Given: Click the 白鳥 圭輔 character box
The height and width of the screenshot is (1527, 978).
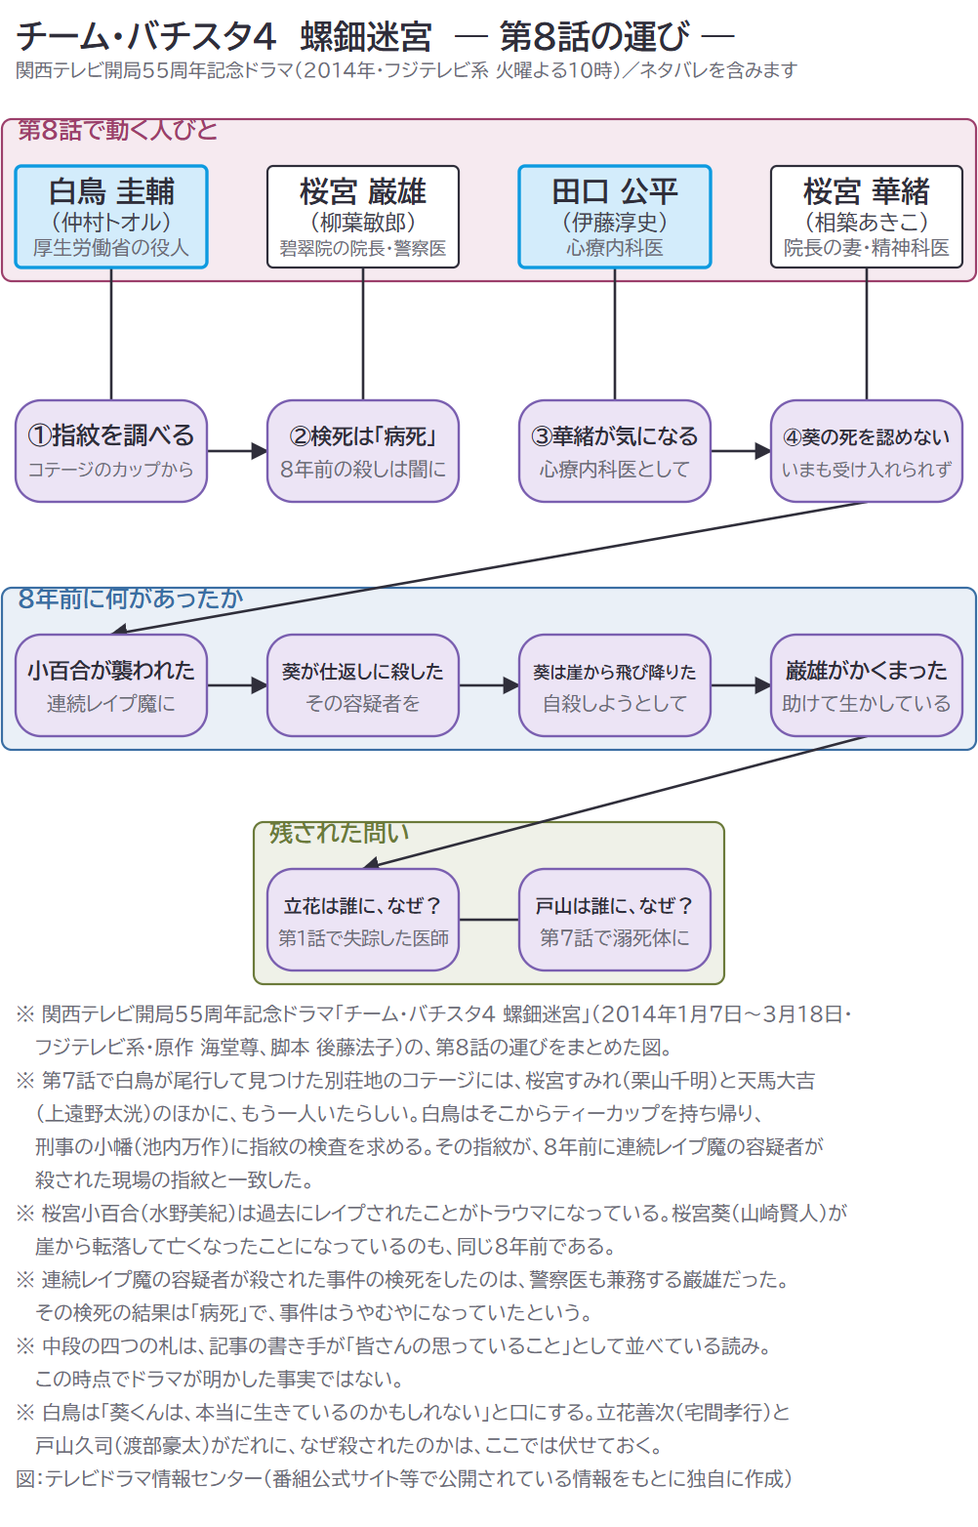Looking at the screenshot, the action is point(111,217).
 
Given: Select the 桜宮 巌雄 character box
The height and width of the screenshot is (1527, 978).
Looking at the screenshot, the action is point(362,217).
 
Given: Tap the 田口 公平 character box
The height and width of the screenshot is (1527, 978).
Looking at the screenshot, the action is point(615,217).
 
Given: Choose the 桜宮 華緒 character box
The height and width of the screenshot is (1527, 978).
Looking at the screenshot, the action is point(866,217).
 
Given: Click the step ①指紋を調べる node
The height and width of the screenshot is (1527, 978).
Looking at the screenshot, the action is point(111,451).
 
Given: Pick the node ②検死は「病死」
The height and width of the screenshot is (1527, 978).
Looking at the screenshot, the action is point(362,451).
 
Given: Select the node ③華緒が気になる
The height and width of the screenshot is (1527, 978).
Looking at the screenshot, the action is point(615,451).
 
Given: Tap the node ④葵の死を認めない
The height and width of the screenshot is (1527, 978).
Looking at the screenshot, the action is point(866,451).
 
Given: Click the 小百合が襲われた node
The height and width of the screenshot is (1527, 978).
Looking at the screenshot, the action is point(111,685).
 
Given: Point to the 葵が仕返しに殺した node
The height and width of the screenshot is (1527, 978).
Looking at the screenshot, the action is point(362,685).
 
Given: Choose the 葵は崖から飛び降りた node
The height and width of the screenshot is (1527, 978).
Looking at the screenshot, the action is point(615,685).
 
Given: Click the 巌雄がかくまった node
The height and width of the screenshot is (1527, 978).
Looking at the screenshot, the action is point(866,685).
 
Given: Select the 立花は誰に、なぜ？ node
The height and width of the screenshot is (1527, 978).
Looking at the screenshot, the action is point(362,920).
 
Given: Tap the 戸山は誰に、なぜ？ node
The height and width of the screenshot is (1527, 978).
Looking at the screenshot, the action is point(615,920).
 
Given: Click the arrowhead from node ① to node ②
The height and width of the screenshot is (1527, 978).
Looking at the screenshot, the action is point(259,451).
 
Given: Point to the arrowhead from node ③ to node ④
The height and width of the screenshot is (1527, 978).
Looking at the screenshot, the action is point(762,451).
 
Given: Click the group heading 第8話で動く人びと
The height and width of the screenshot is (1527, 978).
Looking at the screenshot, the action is point(118,130).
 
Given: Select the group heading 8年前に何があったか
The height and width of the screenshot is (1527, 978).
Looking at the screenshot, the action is point(130,598).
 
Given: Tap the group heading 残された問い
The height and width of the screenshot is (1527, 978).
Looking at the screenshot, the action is point(339,833).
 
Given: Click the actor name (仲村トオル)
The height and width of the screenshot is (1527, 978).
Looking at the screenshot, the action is point(111,222).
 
